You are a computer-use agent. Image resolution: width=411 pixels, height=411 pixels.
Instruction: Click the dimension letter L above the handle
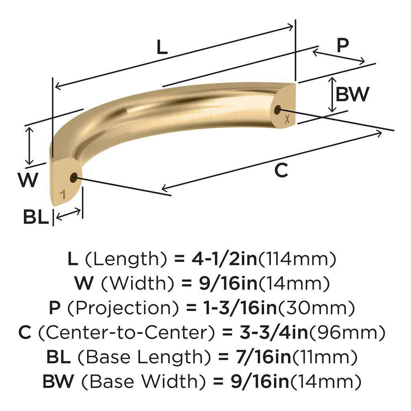pyautogui.click(x=161, y=48)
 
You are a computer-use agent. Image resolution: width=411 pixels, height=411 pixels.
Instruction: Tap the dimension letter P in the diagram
pyautogui.click(x=342, y=46)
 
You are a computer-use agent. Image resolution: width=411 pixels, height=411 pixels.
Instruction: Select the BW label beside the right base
pyautogui.click(x=352, y=95)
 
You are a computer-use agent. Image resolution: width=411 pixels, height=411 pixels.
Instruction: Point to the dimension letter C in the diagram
pyautogui.click(x=281, y=171)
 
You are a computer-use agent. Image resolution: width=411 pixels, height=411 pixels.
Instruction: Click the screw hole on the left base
pyautogui.click(x=73, y=177)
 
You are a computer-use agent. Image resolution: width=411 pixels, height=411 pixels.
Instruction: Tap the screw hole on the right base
pyautogui.click(x=278, y=109)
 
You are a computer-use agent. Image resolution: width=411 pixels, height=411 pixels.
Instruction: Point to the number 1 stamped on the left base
pyautogui.click(x=63, y=195)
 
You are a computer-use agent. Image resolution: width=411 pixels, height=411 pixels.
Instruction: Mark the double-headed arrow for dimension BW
pyautogui.click(x=332, y=95)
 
